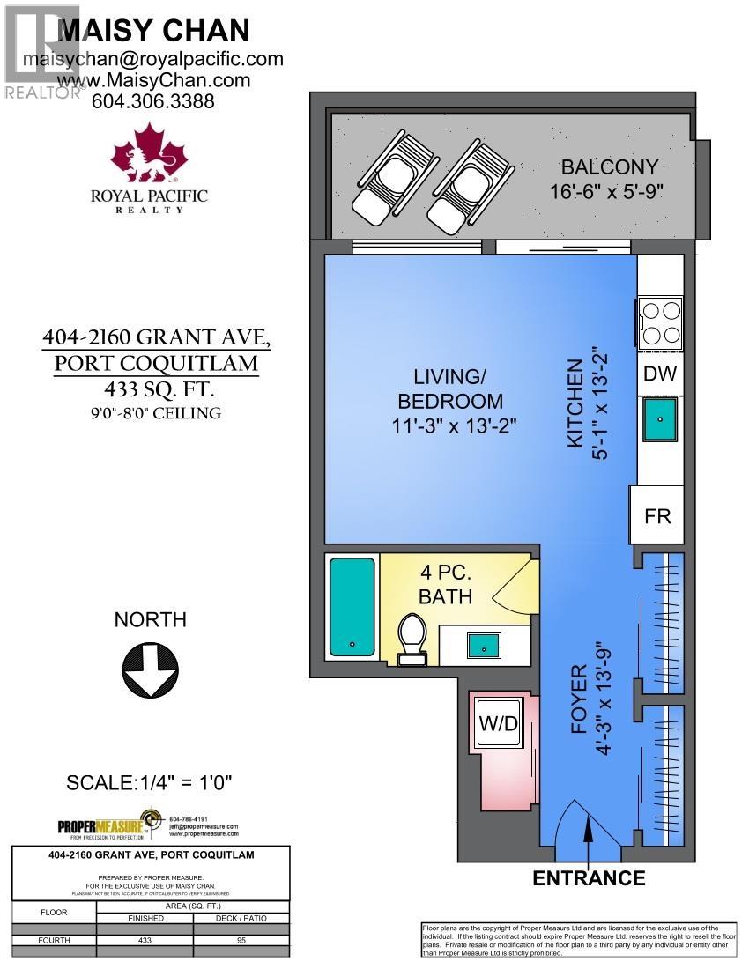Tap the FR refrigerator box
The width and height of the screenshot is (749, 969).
(656, 515)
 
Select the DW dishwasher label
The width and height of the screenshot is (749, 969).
(659, 374)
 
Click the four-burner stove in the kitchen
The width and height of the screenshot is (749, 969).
(660, 322)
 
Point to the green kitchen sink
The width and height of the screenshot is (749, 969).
(660, 420)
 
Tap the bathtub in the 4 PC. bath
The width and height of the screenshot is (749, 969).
(352, 605)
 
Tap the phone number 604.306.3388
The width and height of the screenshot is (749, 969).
(153, 101)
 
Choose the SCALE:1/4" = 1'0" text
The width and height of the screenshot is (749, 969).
(149, 781)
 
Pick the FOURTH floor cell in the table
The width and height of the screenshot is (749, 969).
(54, 940)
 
